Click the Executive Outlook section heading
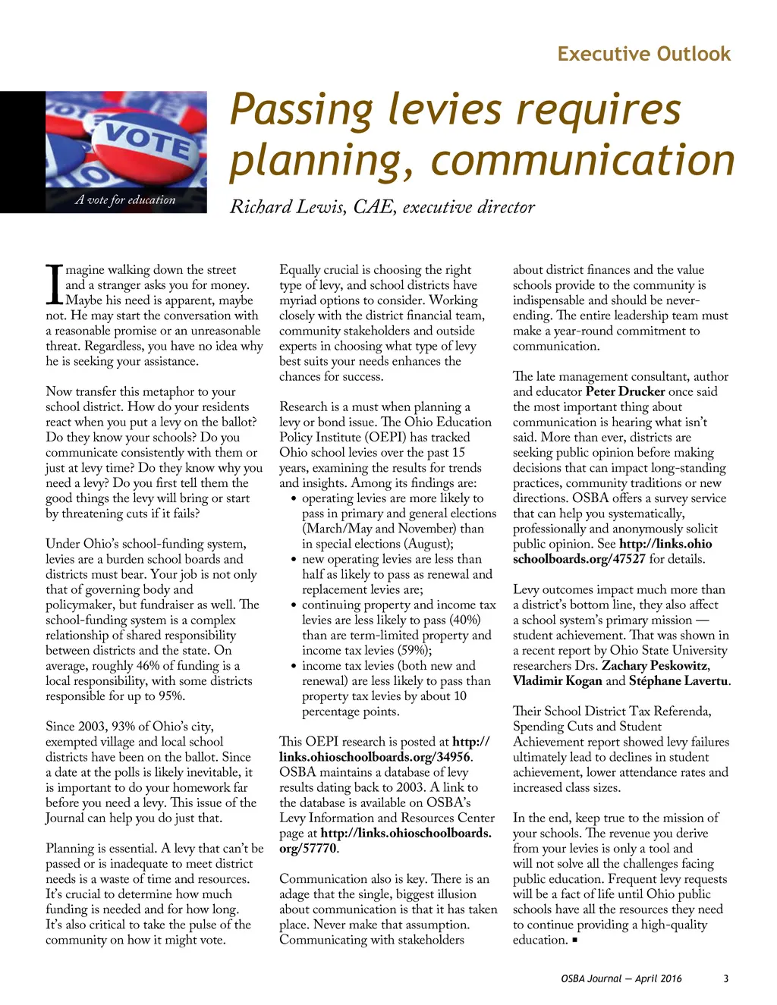643,54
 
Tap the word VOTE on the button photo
148,140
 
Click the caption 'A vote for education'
125,200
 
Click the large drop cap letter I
53,284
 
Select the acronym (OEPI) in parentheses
385,437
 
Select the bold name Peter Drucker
624,391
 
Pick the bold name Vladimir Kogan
557,680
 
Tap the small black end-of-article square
575,941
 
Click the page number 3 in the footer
725,978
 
